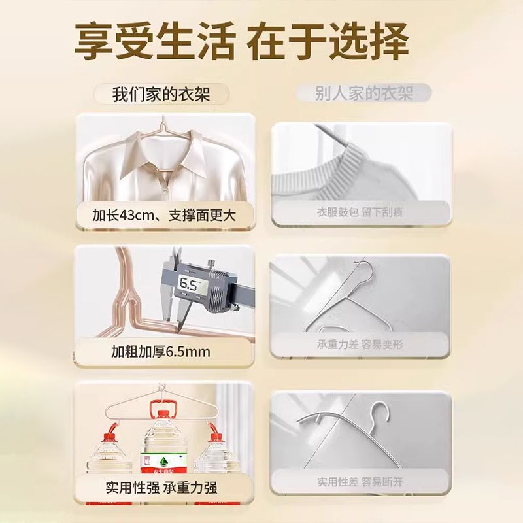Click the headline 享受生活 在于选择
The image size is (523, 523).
tap(241, 41)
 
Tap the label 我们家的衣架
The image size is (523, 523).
tap(161, 94)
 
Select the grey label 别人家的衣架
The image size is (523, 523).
tap(364, 93)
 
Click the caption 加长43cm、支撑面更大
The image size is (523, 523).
tap(164, 215)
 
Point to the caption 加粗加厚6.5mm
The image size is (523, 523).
tap(161, 352)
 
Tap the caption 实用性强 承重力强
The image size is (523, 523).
tap(161, 487)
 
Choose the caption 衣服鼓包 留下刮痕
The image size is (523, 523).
tap(360, 212)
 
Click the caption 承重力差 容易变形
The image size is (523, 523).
tap(360, 345)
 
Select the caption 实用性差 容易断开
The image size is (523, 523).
tap(360, 482)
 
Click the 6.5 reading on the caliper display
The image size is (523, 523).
tap(188, 284)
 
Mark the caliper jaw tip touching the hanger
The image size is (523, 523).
tap(178, 329)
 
